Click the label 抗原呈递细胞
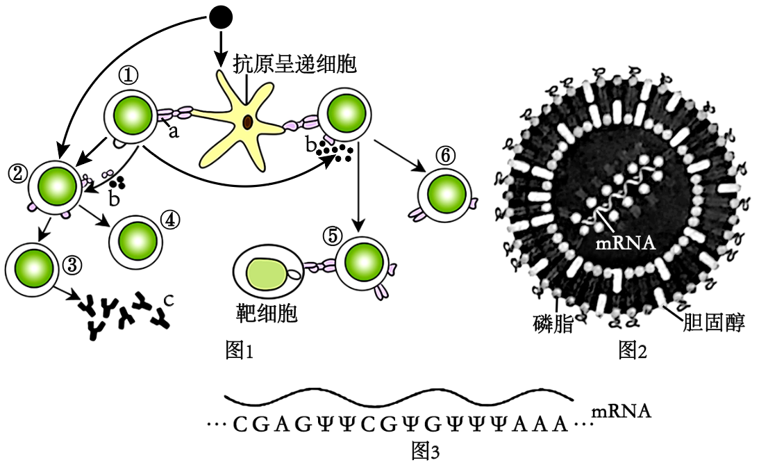click(294, 65)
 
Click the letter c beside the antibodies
click(168, 300)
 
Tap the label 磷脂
click(553, 324)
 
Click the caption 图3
click(426, 452)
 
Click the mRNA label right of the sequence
click(622, 411)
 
